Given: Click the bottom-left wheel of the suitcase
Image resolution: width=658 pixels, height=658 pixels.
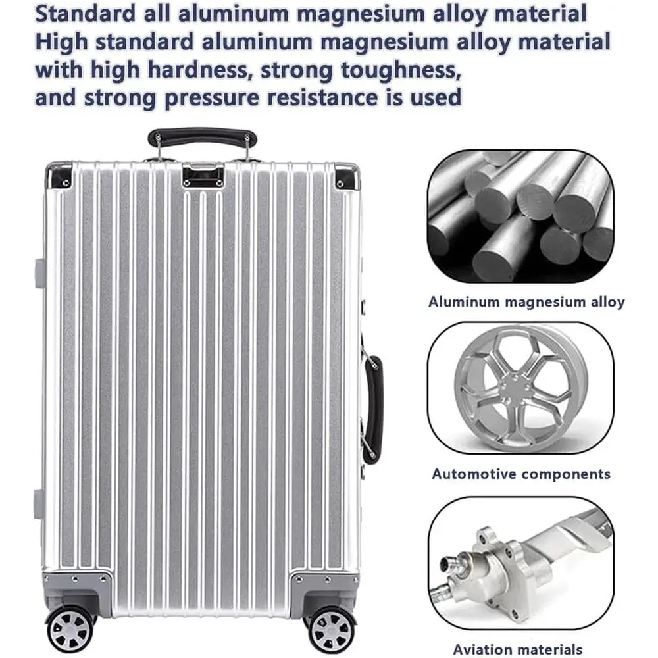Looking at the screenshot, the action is coord(70,630).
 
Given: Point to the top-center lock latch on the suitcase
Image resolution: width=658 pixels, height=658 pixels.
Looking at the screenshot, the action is coord(203,174).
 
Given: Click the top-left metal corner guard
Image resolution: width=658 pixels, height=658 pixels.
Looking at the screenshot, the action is coord(59,176).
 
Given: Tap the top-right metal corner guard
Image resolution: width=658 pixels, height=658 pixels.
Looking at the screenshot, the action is coord(347,176).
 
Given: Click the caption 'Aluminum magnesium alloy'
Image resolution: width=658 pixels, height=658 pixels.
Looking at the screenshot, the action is coord(526,302).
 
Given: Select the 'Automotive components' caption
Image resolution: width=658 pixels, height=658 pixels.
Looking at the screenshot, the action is coord(521,474).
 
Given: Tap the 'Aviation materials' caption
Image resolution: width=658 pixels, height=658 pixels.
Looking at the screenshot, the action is coord(518,649).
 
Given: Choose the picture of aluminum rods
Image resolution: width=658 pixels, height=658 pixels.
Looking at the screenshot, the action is coord(520,216).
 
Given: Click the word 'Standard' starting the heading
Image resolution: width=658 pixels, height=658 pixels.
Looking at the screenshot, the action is coord(86,13).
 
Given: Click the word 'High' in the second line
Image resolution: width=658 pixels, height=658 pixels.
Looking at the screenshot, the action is coord(62,42).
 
